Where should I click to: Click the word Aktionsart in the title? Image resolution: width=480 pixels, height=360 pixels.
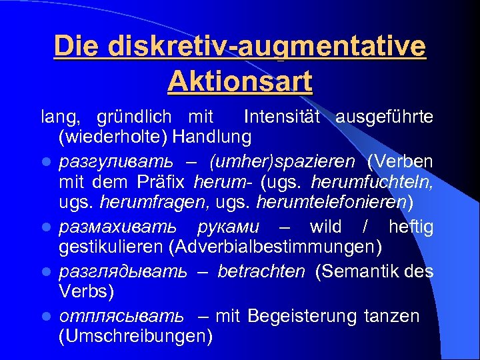click(x=240, y=81)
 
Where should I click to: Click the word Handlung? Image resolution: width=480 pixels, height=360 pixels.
click(x=212, y=137)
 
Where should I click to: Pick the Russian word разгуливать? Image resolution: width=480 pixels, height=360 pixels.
click(x=116, y=162)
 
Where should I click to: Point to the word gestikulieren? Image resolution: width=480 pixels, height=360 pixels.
click(x=111, y=247)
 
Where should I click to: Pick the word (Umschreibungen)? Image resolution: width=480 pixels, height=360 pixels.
click(x=135, y=336)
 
